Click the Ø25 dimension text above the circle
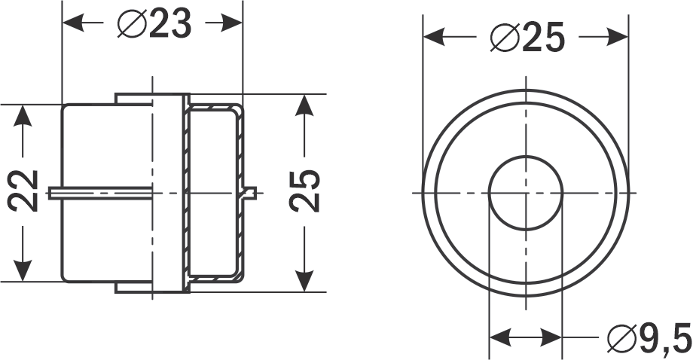tap(527, 37)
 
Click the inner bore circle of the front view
tap(526, 193)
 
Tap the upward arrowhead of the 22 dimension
tap(24, 117)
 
